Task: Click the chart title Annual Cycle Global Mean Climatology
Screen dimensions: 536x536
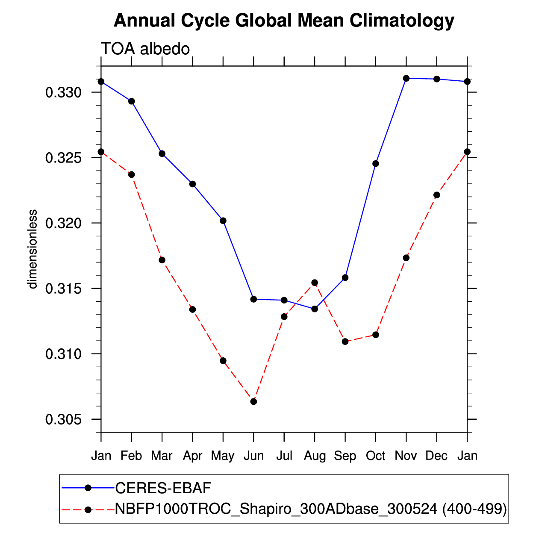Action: (284, 21)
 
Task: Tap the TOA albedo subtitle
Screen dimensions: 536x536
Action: (145, 49)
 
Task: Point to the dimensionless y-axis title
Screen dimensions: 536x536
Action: (32, 249)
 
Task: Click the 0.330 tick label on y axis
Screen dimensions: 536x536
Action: (63, 92)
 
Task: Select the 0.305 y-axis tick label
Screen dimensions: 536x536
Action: (63, 420)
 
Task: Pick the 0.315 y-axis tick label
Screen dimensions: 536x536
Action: (63, 289)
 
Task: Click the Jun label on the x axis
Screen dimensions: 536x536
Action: (253, 456)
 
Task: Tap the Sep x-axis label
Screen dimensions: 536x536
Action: (345, 456)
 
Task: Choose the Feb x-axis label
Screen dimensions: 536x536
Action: (131, 456)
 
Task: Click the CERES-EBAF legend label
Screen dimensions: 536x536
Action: (164, 488)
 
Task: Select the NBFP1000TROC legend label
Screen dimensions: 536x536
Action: (311, 509)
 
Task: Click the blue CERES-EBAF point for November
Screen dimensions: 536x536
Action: (406, 78)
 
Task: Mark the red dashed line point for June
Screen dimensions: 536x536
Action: (253, 401)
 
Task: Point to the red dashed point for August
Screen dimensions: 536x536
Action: (315, 283)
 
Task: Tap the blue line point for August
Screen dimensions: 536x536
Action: (315, 309)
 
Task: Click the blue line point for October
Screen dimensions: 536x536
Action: (376, 164)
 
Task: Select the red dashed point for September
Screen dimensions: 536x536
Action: (345, 342)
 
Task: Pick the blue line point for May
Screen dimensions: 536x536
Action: (223, 221)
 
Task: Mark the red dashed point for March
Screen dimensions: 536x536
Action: (162, 260)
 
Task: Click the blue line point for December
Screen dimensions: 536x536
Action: (436, 79)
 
